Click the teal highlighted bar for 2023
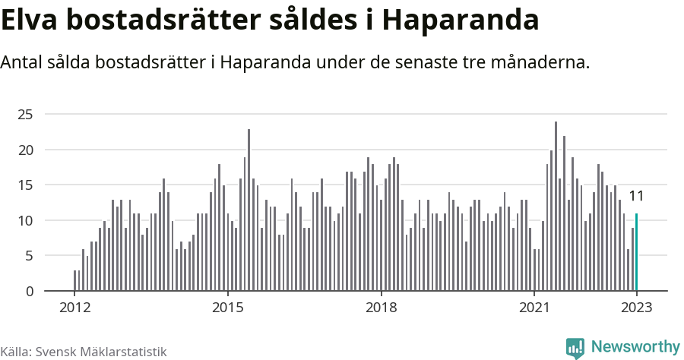(x=636, y=252)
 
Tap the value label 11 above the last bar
(x=636, y=196)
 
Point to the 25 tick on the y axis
(x=27, y=115)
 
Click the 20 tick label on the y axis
(x=27, y=150)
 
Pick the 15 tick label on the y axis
(x=27, y=185)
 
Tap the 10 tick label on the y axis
(x=27, y=220)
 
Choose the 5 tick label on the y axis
(x=30, y=256)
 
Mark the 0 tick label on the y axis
(x=30, y=291)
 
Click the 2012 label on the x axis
(x=74, y=308)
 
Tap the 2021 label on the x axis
(x=534, y=308)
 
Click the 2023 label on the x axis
(x=636, y=308)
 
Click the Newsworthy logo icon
(x=575, y=348)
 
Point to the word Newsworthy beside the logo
(x=635, y=347)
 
